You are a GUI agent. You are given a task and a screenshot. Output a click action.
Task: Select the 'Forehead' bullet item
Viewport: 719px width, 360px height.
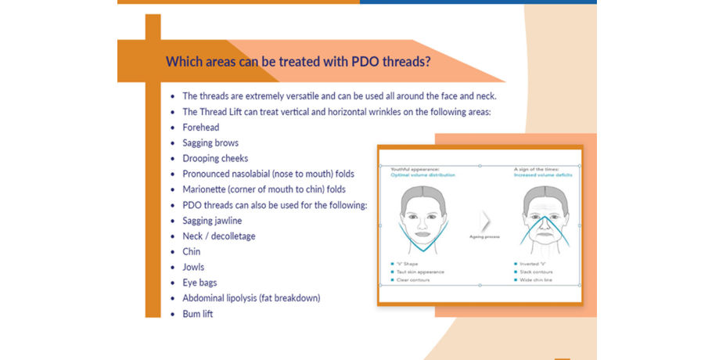(200, 127)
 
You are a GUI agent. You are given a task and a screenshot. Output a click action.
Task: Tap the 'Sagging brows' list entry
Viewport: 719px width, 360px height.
(210, 142)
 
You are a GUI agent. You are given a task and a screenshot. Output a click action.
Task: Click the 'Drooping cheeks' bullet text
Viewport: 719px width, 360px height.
(215, 158)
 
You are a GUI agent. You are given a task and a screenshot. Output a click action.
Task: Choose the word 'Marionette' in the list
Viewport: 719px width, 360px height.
(207, 189)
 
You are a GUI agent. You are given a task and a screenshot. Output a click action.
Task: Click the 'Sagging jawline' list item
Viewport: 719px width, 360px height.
(213, 221)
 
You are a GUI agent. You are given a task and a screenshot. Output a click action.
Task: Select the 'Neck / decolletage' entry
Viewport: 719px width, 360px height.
(218, 236)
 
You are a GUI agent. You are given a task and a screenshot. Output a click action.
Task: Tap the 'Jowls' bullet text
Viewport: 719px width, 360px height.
(193, 267)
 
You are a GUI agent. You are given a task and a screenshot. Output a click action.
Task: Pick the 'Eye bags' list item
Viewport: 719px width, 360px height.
(200, 283)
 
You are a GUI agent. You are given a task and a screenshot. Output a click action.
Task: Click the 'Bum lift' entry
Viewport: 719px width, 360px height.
(197, 314)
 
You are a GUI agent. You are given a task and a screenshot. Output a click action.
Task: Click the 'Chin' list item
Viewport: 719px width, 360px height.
(191, 251)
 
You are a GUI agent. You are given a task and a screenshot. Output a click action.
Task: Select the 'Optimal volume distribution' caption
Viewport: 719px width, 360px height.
(422, 175)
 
